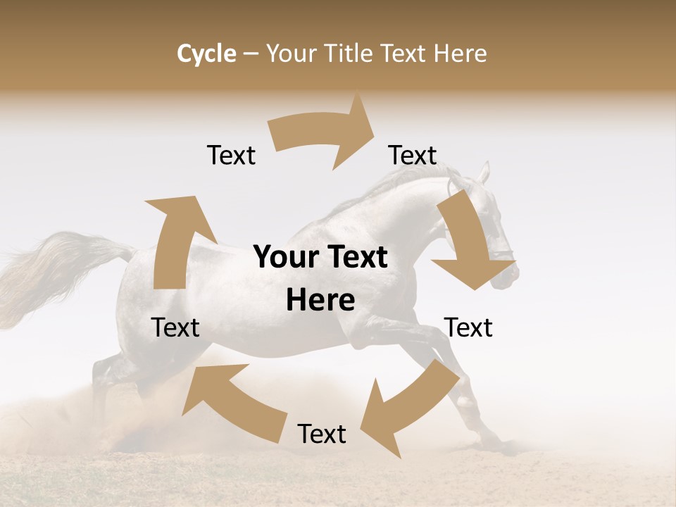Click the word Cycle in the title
[206, 54]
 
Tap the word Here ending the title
[460, 54]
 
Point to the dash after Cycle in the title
[251, 54]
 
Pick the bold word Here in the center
[320, 300]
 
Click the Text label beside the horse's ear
[413, 155]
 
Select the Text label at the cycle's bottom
[322, 434]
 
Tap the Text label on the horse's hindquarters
[175, 327]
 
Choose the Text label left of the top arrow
[231, 155]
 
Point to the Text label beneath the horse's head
[468, 327]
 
